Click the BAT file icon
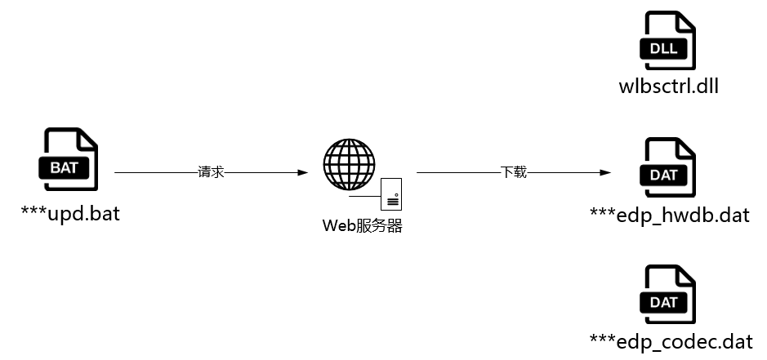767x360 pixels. click(69, 159)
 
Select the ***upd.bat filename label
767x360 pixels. click(70, 214)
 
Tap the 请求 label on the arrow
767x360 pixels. click(211, 172)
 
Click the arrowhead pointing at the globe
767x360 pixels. click(303, 172)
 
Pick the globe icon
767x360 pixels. click(349, 164)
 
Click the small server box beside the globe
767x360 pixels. click(391, 194)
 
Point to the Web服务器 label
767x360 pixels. click(363, 226)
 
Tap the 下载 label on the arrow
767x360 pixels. click(514, 172)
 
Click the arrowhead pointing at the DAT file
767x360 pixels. click(605, 172)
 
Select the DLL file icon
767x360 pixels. click(667, 41)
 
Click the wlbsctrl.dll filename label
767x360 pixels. click(669, 87)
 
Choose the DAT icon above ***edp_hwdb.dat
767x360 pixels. click(667, 167)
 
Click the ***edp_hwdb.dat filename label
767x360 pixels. click(670, 215)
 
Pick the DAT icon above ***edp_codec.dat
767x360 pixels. click(667, 295)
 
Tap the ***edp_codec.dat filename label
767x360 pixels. click(671, 341)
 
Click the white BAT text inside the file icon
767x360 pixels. click(64, 168)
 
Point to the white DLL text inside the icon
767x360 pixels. click(664, 48)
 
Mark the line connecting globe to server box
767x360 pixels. click(365, 197)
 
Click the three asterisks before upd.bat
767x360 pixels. click(33, 211)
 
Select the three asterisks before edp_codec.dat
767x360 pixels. click(603, 339)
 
